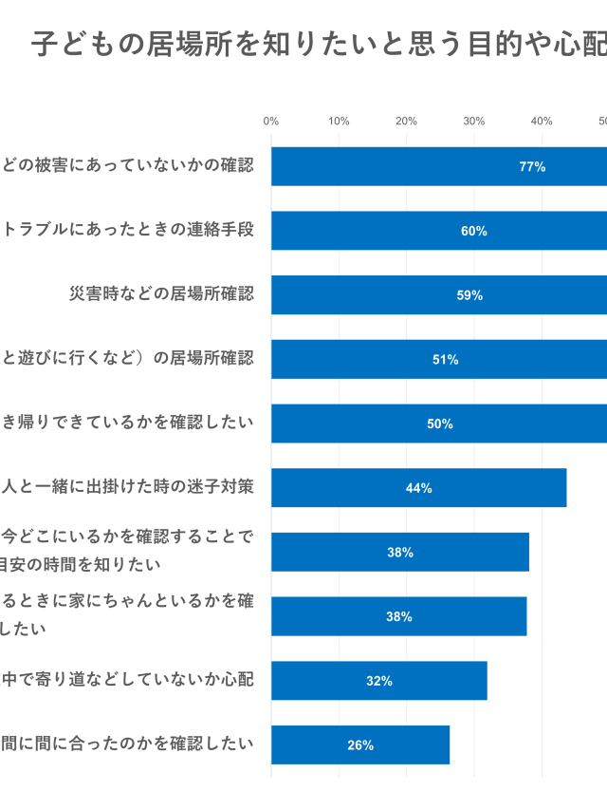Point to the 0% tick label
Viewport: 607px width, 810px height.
click(x=270, y=121)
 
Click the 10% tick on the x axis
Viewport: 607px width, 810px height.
click(x=339, y=121)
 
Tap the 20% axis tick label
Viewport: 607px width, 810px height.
click(x=406, y=121)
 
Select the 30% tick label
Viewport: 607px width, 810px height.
click(x=473, y=121)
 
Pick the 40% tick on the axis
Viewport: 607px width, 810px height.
click(x=542, y=121)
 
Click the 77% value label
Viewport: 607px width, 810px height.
click(x=532, y=166)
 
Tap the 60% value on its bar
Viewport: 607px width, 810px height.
click(x=474, y=231)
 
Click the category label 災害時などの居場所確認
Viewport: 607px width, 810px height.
click(x=161, y=293)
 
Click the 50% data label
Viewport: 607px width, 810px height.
click(x=440, y=424)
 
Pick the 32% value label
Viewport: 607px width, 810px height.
click(x=379, y=681)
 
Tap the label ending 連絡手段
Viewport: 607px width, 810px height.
click(x=127, y=230)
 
